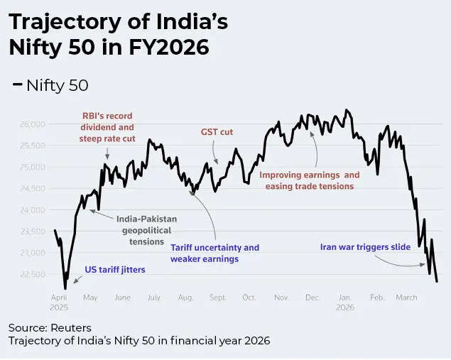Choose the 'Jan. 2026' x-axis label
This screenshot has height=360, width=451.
click(x=345, y=302)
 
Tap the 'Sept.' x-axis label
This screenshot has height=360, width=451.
click(x=218, y=298)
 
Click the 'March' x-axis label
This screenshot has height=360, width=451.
click(x=407, y=298)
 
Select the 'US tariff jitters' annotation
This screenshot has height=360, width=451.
click(x=114, y=270)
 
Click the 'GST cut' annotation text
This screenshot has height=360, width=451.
click(x=217, y=132)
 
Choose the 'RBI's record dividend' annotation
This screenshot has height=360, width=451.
click(x=107, y=127)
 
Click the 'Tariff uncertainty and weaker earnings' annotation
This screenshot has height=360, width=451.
click(x=214, y=253)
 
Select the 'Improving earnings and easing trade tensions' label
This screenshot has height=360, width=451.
click(x=309, y=180)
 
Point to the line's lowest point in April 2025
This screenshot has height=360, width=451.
click(x=65, y=288)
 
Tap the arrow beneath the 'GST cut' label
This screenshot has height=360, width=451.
click(x=215, y=156)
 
